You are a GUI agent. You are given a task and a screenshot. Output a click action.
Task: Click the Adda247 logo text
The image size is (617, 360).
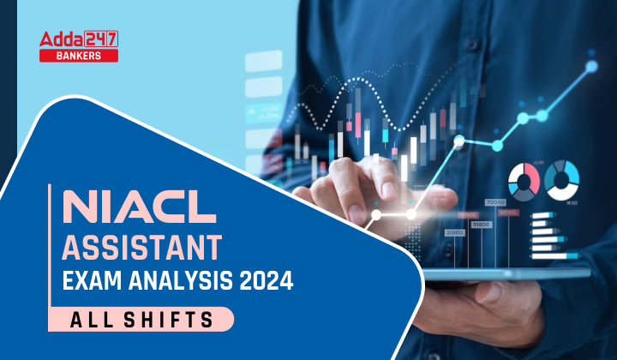click(79, 38)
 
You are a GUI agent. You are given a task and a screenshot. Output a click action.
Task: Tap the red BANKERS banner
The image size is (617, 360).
click(79, 55)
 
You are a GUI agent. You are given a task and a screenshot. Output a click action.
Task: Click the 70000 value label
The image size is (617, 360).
click(495, 202)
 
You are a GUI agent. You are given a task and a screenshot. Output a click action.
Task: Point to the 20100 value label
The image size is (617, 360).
click(455, 232)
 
